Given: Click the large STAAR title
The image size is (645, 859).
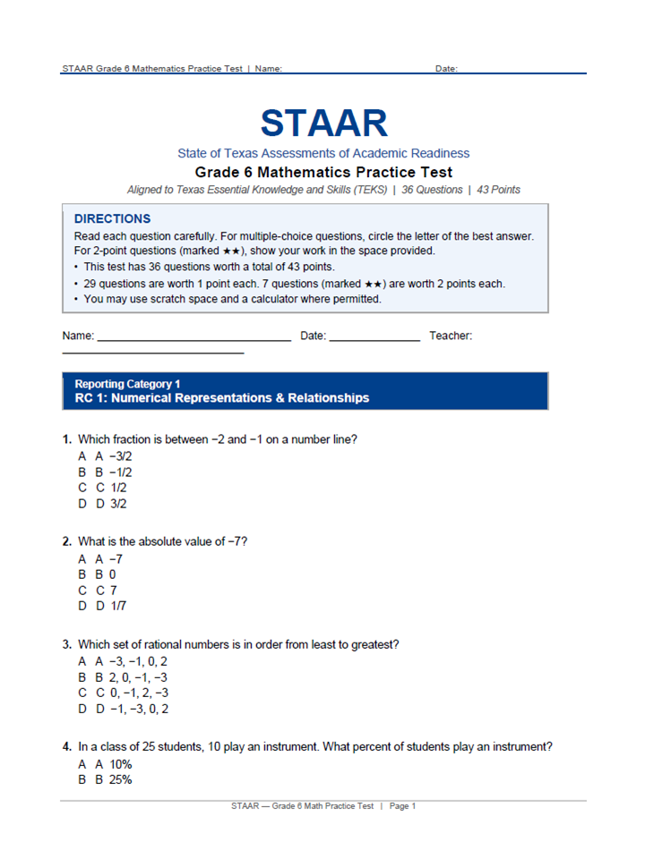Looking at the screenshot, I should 323,123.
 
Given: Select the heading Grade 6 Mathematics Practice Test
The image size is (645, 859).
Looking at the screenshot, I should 323,172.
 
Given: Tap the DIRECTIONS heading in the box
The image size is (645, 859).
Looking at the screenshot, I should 112,218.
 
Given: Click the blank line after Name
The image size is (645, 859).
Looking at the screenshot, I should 193,341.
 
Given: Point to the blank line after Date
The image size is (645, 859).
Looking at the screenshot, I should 374,341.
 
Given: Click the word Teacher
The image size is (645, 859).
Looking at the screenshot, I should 451,336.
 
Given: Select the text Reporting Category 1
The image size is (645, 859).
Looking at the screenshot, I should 127,384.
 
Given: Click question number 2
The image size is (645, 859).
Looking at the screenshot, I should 67,541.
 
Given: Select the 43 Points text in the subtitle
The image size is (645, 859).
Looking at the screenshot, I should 497,190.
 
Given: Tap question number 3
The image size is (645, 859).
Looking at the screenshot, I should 67,644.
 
